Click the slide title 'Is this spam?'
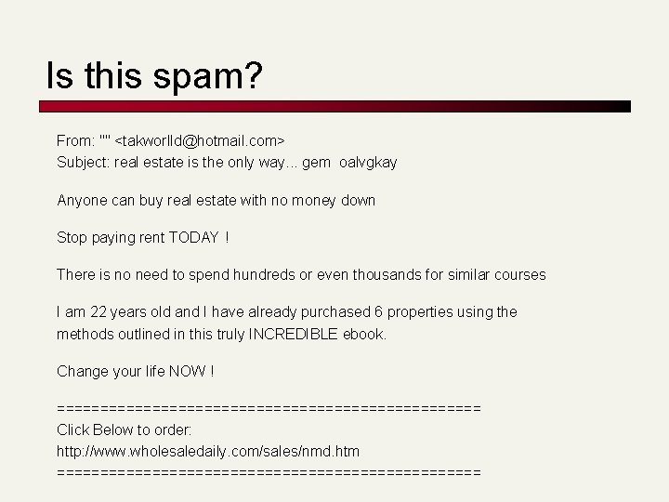(155, 76)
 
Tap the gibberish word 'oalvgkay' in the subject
(368, 163)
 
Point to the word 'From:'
(75, 141)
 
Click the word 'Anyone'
(81, 200)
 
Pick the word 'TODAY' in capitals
(192, 238)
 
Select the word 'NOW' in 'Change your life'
(187, 372)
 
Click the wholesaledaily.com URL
(208, 452)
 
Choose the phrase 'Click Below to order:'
(125, 429)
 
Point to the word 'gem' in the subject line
(316, 163)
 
